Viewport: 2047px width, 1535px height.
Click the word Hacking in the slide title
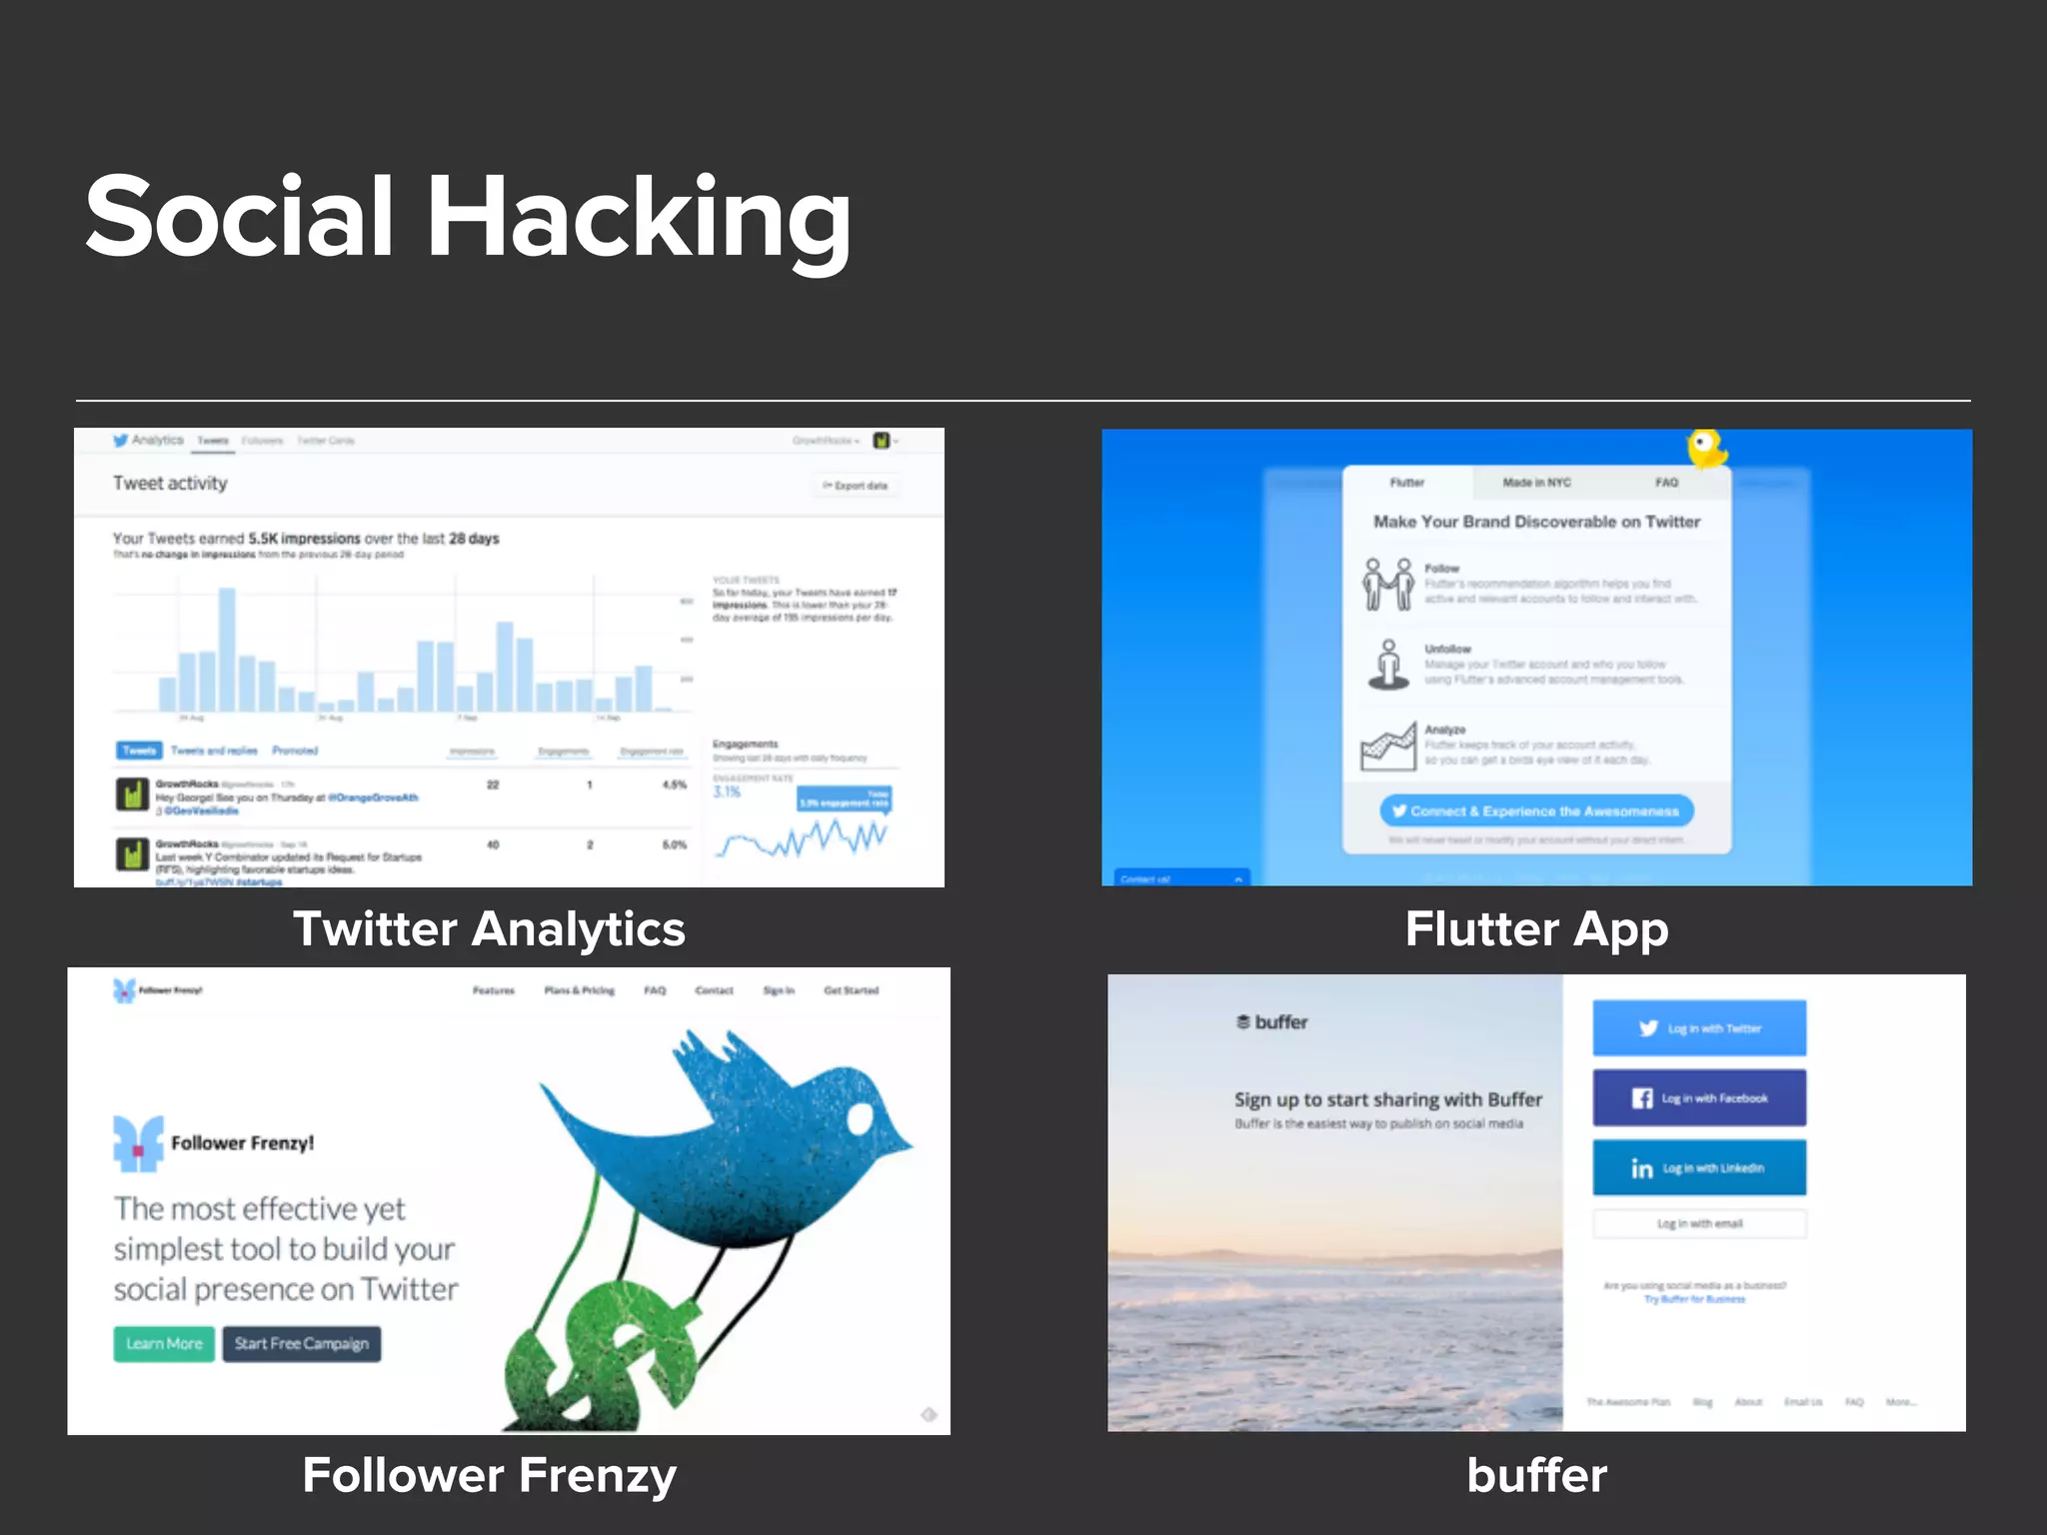[x=640, y=218]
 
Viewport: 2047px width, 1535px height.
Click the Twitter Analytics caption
[x=489, y=928]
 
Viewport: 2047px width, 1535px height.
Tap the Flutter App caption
[x=1536, y=928]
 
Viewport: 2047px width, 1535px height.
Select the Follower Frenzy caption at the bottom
[x=489, y=1475]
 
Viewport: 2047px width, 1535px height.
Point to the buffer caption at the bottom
[x=1536, y=1475]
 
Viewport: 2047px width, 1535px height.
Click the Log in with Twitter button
[x=1699, y=1028]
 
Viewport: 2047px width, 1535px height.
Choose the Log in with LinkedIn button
[x=1699, y=1167]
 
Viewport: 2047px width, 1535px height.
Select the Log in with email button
[x=1699, y=1223]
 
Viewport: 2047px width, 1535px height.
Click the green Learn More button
[x=164, y=1343]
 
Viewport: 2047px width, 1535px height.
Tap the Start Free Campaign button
[x=301, y=1343]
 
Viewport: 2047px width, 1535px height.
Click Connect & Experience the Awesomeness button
[x=1536, y=810]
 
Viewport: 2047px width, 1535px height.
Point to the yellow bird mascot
[x=1705, y=448]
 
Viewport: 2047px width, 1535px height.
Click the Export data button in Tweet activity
[x=857, y=486]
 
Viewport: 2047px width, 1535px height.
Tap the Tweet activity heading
[x=170, y=484]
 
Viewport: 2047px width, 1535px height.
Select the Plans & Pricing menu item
[x=579, y=990]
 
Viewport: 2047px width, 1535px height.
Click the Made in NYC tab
[x=1536, y=483]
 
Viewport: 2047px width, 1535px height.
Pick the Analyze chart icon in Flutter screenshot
[x=1388, y=747]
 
